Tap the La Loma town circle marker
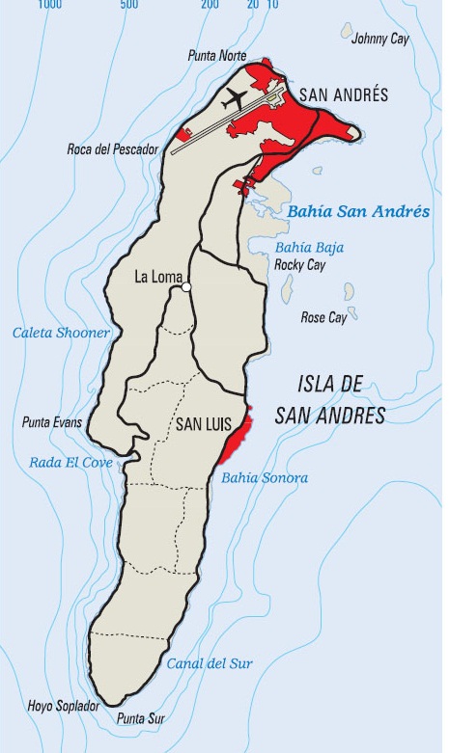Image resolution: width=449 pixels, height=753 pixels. (186, 286)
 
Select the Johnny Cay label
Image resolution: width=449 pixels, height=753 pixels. (379, 39)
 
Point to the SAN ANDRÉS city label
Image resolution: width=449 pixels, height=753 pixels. (343, 94)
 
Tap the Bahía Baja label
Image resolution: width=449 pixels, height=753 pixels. (309, 247)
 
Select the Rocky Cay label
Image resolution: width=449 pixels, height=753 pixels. (298, 263)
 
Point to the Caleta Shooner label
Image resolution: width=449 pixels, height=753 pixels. (61, 333)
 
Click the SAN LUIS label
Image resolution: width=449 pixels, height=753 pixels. (202, 423)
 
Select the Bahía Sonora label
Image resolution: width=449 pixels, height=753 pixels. (265, 477)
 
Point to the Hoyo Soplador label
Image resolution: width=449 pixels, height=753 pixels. (57, 707)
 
